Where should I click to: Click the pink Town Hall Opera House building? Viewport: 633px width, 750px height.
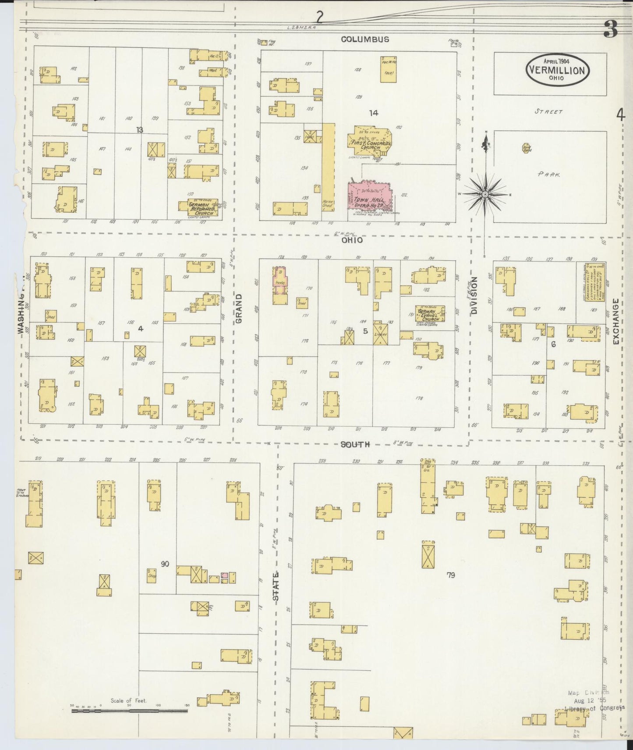coord(370,197)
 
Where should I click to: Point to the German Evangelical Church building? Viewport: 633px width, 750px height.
coord(429,314)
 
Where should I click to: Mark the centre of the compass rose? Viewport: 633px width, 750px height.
coord(485,194)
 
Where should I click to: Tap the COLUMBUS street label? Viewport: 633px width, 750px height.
coord(365,39)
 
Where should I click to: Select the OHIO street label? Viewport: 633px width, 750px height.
coord(352,240)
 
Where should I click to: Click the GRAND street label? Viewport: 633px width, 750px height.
coord(239,308)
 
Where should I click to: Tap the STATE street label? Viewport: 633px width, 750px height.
coord(276,586)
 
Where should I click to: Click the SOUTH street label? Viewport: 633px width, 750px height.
coord(355,444)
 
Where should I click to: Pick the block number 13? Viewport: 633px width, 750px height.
coord(140,130)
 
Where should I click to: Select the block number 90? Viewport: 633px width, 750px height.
coord(165,564)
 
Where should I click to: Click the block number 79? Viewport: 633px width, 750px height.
coord(451,575)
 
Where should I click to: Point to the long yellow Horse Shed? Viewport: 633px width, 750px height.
coord(328,167)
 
